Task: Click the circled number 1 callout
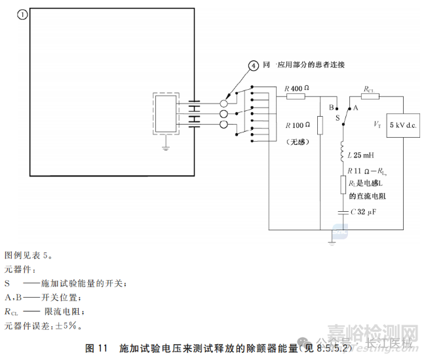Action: pyautogui.click(x=22, y=14)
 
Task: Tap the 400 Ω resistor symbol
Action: pyautogui.click(x=296, y=98)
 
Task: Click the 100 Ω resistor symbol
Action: pyautogui.click(x=320, y=125)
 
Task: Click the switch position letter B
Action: pyautogui.click(x=331, y=106)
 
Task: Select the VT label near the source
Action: pyautogui.click(x=377, y=124)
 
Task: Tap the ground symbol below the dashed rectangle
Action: pyautogui.click(x=165, y=146)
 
